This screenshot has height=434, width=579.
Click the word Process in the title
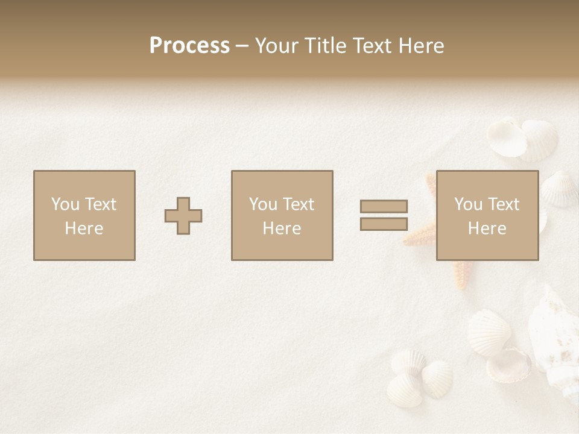point(189,46)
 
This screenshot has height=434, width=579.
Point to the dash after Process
point(242,46)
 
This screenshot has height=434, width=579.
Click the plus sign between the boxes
point(183,216)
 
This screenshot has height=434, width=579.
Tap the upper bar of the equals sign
point(384,206)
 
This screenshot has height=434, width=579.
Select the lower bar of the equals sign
point(384,224)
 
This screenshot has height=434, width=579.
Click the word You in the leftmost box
point(65,204)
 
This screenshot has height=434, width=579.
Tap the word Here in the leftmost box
point(84,228)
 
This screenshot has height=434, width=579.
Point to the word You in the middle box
point(263,204)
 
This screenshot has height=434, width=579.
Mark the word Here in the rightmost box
point(487,228)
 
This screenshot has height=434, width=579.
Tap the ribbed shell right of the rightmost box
point(558,188)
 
